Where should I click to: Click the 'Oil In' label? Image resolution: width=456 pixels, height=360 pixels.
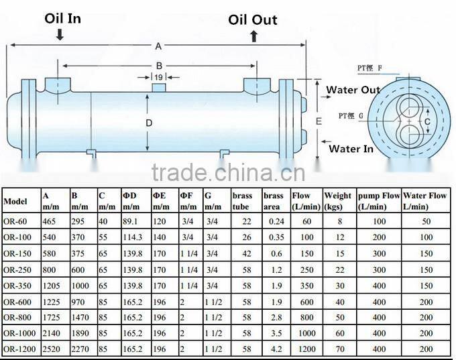click(x=63, y=18)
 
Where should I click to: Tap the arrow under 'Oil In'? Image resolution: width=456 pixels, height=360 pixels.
click(x=60, y=34)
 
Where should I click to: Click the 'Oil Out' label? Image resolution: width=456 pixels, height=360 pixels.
click(x=253, y=19)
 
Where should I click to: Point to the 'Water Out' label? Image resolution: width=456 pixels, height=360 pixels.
click(x=353, y=90)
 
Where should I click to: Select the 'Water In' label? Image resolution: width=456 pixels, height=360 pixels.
click(x=351, y=149)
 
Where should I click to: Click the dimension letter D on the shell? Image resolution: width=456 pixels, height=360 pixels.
click(x=149, y=123)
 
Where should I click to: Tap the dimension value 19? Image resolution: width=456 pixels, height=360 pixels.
click(x=158, y=78)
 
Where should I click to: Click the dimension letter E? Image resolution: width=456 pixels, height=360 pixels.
click(x=319, y=121)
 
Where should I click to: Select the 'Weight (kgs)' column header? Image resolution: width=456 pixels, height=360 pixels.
click(x=338, y=201)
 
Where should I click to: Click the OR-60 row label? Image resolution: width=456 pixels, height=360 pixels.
click(x=16, y=221)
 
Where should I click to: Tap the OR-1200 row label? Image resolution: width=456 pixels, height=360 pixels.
click(x=20, y=349)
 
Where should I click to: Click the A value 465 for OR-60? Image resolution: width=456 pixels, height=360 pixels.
click(x=50, y=221)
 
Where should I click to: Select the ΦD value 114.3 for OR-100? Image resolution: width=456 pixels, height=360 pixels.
click(x=133, y=237)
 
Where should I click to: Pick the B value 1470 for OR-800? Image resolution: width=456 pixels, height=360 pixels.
click(x=81, y=317)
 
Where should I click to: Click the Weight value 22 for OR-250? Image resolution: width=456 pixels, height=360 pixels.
click(x=340, y=269)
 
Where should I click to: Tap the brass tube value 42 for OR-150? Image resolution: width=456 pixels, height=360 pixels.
click(x=246, y=253)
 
